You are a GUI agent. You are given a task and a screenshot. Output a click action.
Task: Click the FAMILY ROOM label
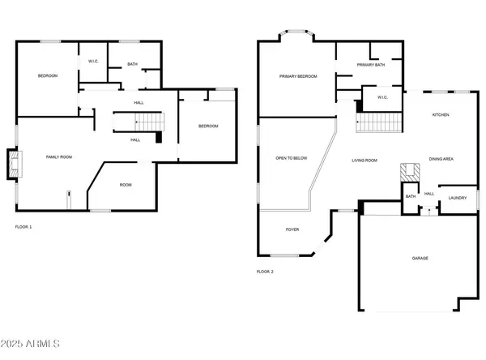[59, 157]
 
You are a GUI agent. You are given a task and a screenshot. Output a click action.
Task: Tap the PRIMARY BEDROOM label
[298, 76]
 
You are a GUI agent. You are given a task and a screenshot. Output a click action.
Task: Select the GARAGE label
[420, 258]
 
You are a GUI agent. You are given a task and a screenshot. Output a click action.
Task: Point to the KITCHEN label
[441, 115]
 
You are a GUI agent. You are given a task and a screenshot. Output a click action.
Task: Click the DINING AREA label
[441, 159]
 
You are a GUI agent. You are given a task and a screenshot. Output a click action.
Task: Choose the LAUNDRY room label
[458, 198]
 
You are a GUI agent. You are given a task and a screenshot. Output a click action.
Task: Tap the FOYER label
[292, 229]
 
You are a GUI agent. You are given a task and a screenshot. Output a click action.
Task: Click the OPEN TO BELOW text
[292, 158]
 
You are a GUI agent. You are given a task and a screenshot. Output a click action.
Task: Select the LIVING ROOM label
[364, 161]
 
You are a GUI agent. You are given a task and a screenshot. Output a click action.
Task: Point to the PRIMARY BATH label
[371, 65]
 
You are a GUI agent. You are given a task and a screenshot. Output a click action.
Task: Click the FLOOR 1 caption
[23, 227]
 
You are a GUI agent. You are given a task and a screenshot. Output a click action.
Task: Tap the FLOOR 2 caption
[265, 272]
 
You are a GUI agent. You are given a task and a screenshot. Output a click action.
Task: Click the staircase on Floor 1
[149, 122]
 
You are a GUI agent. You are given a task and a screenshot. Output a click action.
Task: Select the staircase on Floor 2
[379, 122]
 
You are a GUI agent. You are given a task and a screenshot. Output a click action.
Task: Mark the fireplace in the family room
[15, 164]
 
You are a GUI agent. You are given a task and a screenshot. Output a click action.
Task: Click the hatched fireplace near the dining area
[410, 173]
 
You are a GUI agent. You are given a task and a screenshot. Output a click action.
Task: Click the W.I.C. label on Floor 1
[93, 61]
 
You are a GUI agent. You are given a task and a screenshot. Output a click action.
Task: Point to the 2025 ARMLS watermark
[30, 344]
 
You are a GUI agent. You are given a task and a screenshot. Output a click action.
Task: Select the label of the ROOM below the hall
[126, 185]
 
